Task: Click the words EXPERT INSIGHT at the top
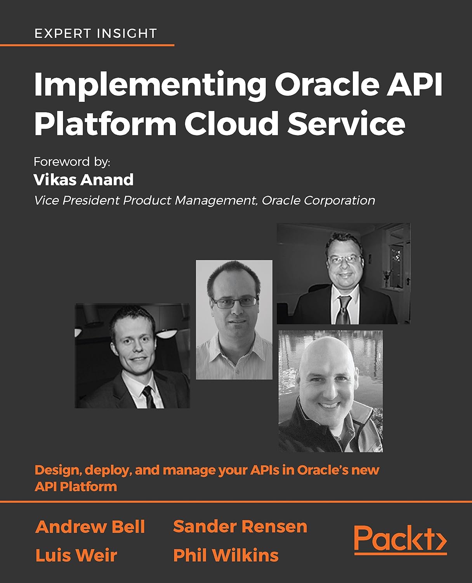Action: (95, 34)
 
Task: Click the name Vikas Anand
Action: (84, 180)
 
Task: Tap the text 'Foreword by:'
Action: (72, 162)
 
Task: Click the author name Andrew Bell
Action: (90, 527)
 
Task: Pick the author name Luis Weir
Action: (76, 555)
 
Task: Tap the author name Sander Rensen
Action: (240, 527)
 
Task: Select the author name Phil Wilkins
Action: (226, 555)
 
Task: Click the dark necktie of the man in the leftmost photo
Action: (148, 396)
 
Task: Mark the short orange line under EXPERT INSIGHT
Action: (87, 45)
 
